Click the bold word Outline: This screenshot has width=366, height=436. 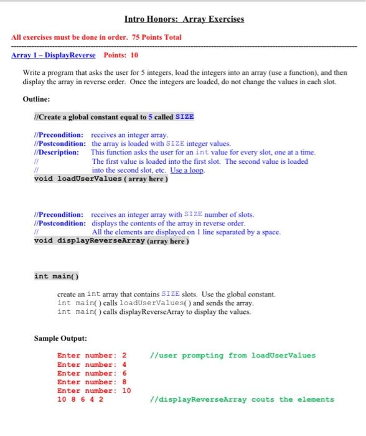click(35, 98)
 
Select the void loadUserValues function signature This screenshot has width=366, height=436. click(101, 179)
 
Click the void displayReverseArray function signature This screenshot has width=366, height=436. click(111, 241)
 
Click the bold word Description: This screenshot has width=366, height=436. click(57, 152)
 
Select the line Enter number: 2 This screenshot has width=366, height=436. click(91, 356)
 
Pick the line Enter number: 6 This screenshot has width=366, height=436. click(91, 373)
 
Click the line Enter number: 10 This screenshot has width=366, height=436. click(94, 391)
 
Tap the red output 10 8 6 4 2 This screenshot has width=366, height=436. click(80, 399)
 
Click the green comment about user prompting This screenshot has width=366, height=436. click(233, 356)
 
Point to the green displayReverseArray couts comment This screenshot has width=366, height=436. click(242, 399)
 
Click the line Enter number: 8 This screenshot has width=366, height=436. click(91, 382)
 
